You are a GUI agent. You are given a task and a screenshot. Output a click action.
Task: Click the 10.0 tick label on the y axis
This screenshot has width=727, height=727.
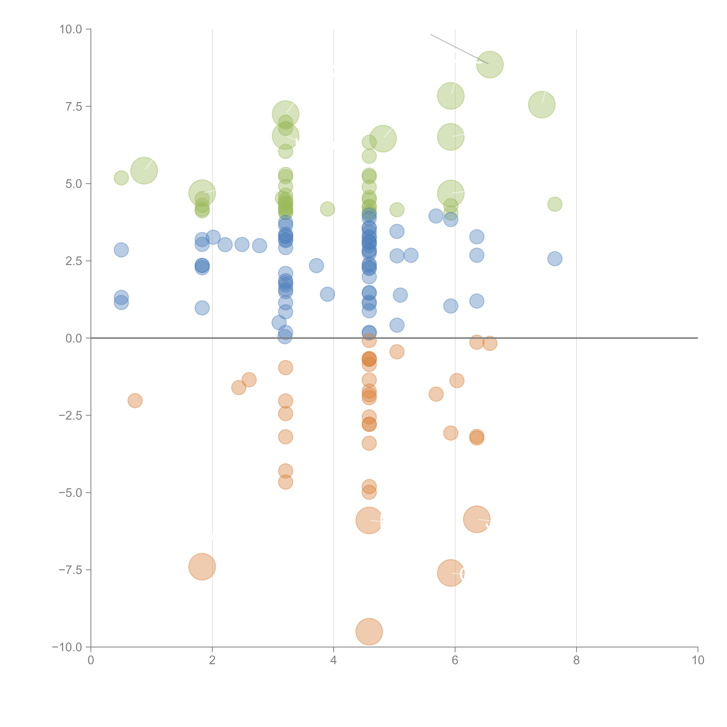point(71,29)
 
